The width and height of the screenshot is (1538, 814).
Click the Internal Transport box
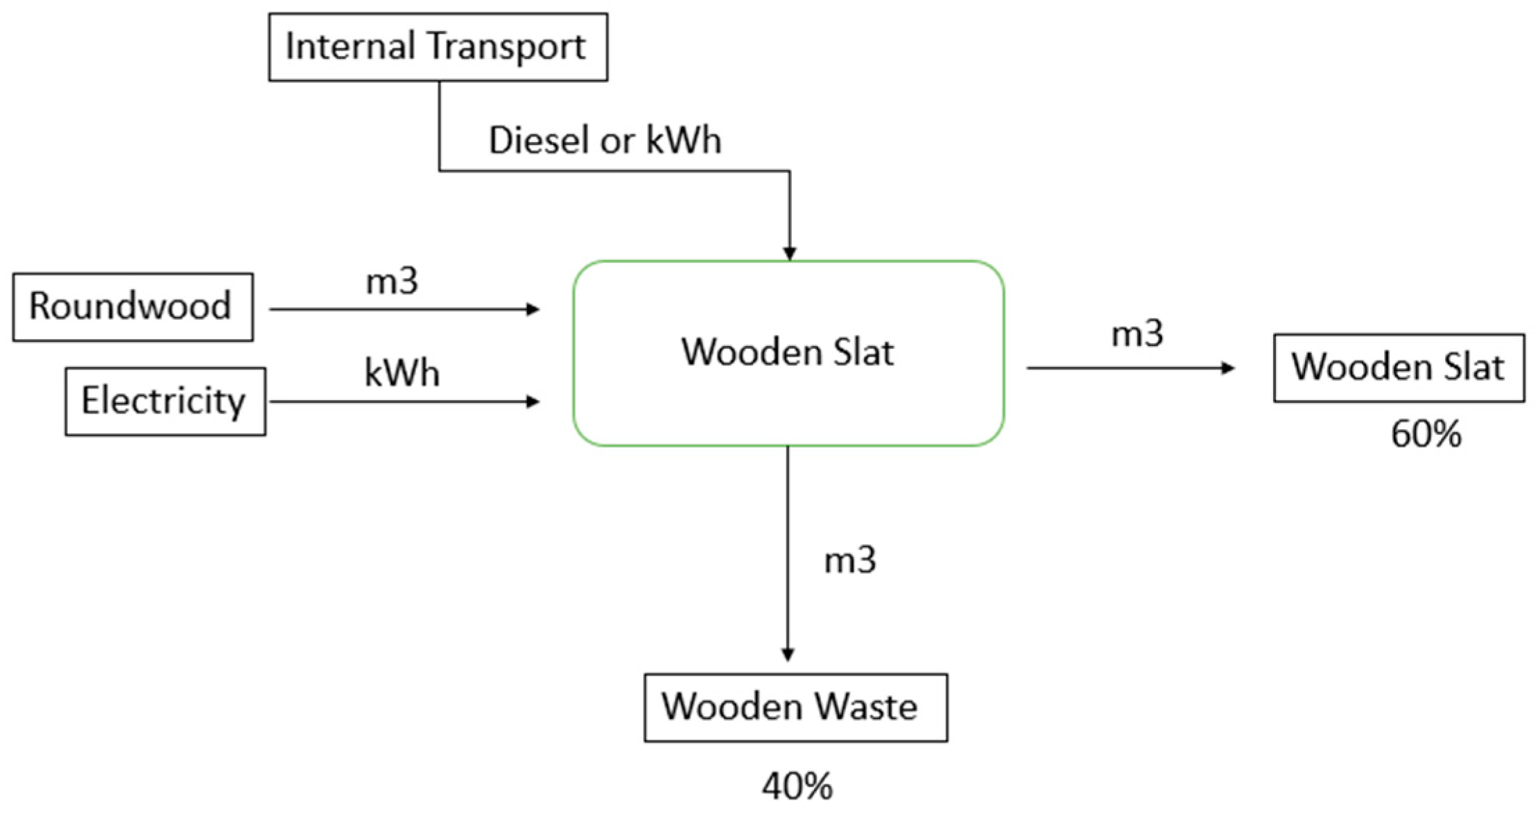coord(438,47)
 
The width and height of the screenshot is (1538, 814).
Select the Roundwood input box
coord(132,306)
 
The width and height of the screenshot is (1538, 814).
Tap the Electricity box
coord(165,401)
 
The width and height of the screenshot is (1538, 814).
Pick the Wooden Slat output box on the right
coord(1399,367)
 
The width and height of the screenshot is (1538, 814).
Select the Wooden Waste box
coord(795,707)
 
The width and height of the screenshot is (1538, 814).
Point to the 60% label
coord(1426,435)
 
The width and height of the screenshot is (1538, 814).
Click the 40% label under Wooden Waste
coord(797,786)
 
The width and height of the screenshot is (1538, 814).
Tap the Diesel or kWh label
coord(605,140)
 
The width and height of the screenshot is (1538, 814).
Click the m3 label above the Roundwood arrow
coord(392,282)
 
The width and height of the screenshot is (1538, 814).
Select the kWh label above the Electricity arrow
coord(402,373)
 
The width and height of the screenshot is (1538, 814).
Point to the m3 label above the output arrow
coord(1137,334)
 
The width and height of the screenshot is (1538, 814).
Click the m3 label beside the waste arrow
coord(849,560)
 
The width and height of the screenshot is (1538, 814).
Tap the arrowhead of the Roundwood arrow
coord(533,309)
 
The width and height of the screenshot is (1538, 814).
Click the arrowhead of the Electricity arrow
coord(533,401)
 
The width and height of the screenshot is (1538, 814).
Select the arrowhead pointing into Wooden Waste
coord(788,655)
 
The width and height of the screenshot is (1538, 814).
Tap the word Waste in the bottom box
coord(865,707)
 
